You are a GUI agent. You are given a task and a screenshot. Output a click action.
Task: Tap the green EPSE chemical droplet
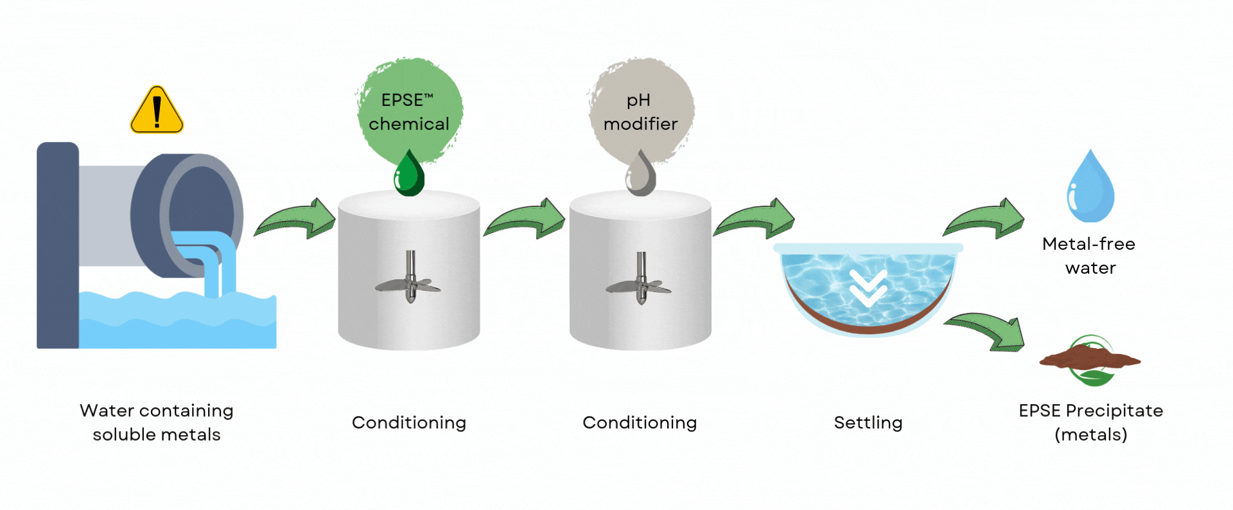(x=409, y=175)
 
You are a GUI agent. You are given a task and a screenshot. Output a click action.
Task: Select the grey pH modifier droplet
(x=640, y=175)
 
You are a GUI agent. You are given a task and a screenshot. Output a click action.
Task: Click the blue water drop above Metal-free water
(x=1090, y=189)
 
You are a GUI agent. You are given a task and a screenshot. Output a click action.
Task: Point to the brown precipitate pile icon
(x=1089, y=358)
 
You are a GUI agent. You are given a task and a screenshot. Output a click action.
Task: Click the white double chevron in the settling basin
(x=868, y=288)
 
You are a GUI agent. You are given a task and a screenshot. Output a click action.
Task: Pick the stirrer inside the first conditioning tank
(x=409, y=280)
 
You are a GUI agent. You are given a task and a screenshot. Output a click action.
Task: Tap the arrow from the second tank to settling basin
(x=756, y=220)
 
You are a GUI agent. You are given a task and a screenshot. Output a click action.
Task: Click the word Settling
(x=868, y=423)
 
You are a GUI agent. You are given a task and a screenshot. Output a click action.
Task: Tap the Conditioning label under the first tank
(x=409, y=423)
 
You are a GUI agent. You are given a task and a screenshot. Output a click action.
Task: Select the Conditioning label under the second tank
(x=640, y=423)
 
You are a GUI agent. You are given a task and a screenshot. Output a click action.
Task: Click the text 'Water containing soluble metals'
(x=157, y=423)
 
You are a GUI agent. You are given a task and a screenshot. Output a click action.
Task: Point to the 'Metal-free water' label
(x=1089, y=256)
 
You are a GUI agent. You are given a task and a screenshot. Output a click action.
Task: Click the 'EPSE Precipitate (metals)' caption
(x=1090, y=423)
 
